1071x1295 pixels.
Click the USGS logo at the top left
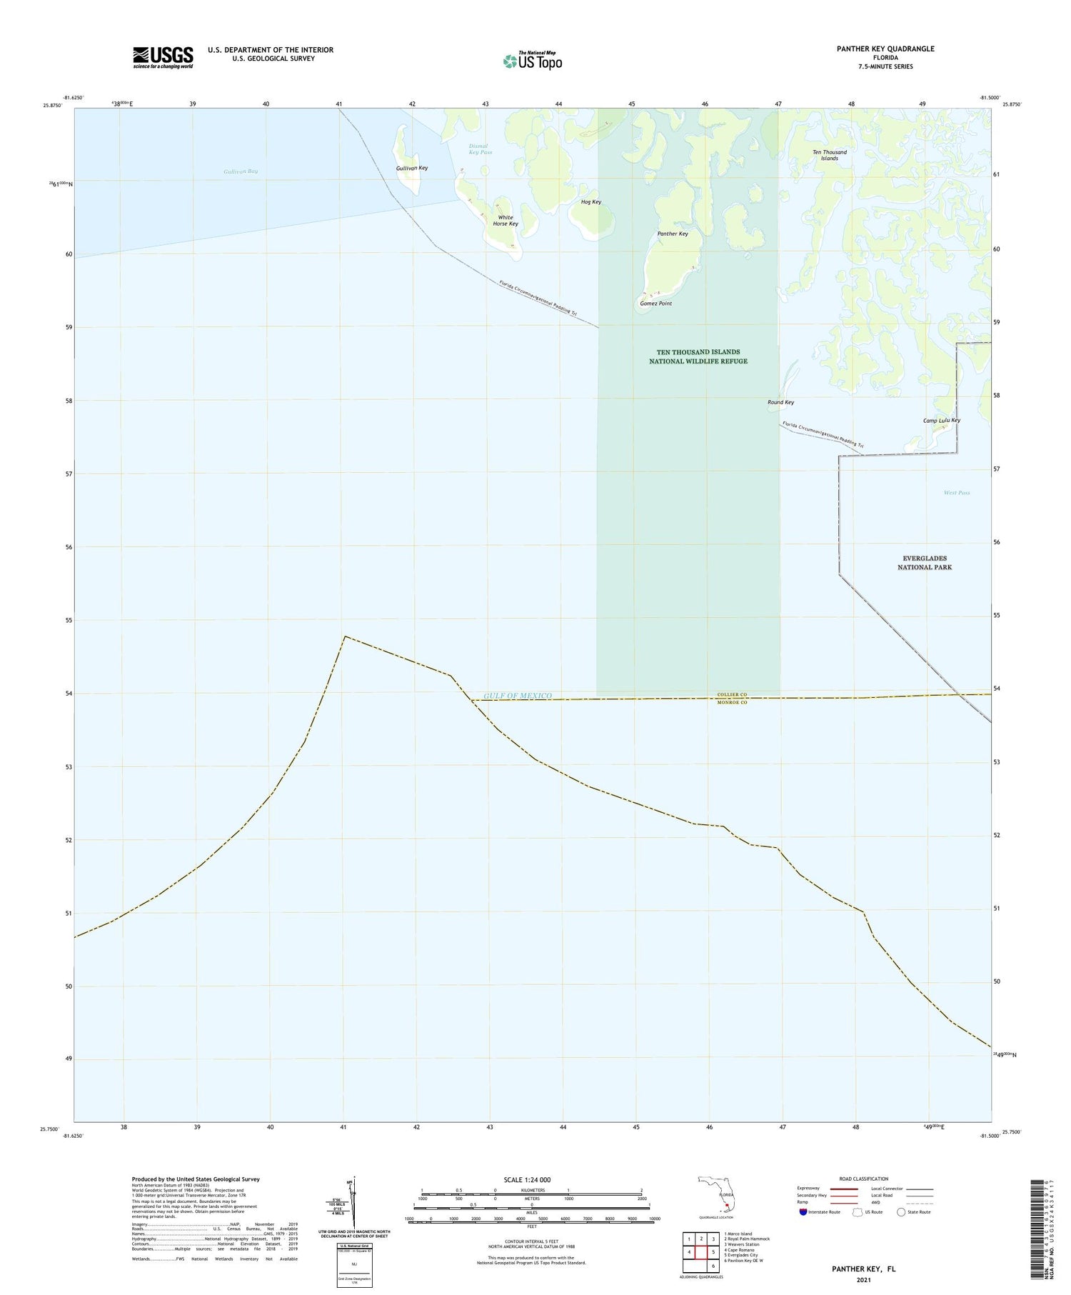(x=163, y=57)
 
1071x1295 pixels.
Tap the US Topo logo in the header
(x=533, y=61)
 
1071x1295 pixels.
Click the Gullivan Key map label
(x=412, y=168)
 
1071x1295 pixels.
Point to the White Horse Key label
(x=506, y=221)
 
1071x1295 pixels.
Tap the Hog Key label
(x=591, y=202)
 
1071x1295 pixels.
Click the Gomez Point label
(x=655, y=304)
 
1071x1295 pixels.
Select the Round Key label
(x=780, y=402)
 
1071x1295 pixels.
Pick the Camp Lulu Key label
(x=941, y=421)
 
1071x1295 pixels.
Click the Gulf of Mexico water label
(x=518, y=696)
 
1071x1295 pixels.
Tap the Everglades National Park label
(x=925, y=563)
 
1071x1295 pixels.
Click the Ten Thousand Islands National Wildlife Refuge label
(x=698, y=356)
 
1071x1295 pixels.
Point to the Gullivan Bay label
(x=241, y=171)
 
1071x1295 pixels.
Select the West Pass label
(x=957, y=493)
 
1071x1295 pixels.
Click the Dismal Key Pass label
(x=481, y=149)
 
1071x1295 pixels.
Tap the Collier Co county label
(x=732, y=694)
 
